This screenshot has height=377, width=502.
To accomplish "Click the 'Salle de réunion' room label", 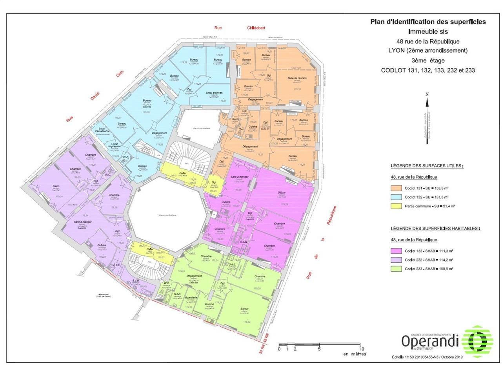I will (297, 78).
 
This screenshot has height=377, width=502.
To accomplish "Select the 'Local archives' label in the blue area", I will (214, 93).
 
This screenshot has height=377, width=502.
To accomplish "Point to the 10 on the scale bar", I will (361, 349).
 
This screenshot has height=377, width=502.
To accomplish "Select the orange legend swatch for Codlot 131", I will (396, 188).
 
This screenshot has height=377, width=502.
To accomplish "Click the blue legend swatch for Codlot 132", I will (396, 197).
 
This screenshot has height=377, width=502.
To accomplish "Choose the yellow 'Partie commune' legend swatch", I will (396, 206).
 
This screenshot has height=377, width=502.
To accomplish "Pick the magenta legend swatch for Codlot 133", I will (396, 251).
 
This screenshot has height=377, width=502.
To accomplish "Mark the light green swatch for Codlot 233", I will (396, 269).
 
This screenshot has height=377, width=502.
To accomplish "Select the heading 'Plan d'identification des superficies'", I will (428, 22).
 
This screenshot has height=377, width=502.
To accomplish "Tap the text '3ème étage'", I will (428, 60).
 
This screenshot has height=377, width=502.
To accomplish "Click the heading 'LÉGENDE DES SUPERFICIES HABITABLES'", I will (435, 228).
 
